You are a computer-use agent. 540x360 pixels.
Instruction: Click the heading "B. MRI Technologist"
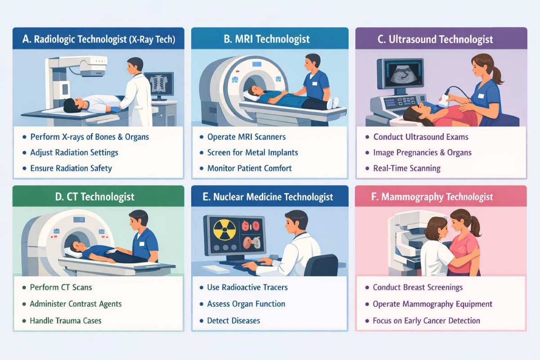click(267, 39)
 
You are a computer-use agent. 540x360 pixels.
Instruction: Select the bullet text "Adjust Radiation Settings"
click(74, 153)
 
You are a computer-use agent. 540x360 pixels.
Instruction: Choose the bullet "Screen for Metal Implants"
click(252, 153)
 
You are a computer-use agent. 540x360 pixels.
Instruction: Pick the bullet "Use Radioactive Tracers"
click(247, 287)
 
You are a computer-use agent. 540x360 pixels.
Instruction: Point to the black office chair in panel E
click(322, 265)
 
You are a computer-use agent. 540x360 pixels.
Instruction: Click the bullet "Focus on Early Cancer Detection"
click(426, 321)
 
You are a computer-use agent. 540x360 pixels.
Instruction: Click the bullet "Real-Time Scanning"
click(407, 168)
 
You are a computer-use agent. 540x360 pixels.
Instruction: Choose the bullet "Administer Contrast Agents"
click(76, 304)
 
